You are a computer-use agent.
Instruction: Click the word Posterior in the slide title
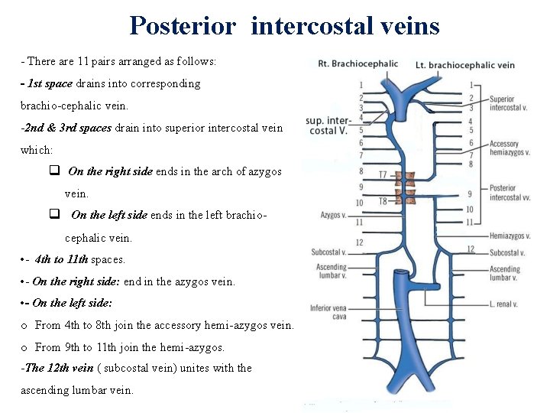point(183,25)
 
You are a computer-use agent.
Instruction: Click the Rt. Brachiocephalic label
point(357,63)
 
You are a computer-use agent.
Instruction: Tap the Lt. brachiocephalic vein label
point(464,65)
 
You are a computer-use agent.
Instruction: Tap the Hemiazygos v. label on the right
point(510,236)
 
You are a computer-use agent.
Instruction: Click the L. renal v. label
point(504,304)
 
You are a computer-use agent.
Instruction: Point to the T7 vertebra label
point(383,175)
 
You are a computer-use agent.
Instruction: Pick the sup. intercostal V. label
point(328,125)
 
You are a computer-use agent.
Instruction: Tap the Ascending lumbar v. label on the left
point(331,272)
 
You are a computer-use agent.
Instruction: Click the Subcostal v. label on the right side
point(506,253)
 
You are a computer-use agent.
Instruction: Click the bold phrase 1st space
point(50,83)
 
